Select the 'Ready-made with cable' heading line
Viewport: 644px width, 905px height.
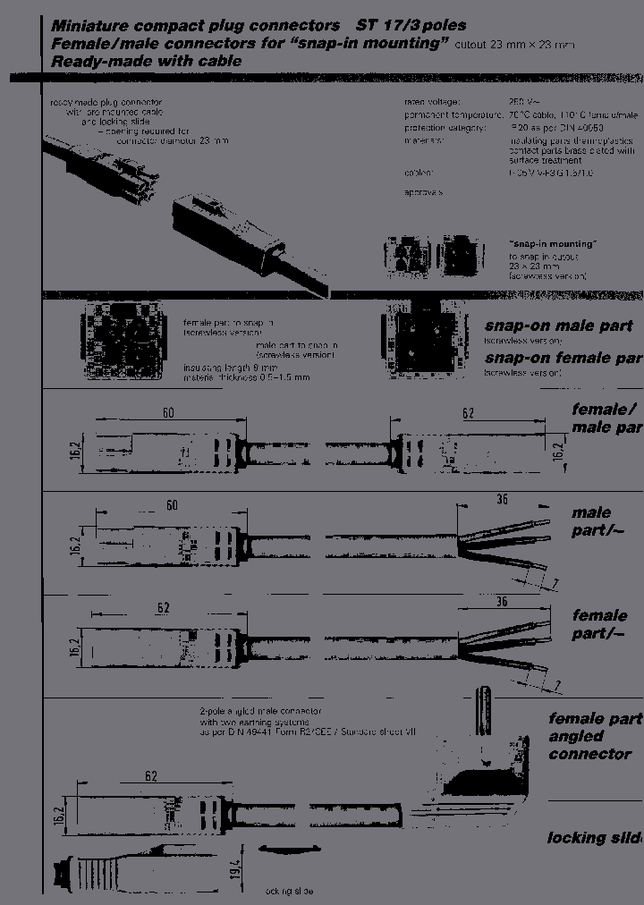coord(146,62)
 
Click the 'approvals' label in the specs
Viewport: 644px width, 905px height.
coord(423,192)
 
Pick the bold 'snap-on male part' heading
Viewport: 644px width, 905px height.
coord(558,326)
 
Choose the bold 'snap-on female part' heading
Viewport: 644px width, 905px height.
coord(563,359)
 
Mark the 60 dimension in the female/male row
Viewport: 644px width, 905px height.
coord(167,414)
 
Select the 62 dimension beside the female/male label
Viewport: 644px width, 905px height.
coord(467,414)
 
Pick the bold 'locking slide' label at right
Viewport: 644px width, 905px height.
coord(594,838)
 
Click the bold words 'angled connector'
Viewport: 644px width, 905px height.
coord(589,745)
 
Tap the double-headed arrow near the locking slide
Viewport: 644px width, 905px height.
coord(288,847)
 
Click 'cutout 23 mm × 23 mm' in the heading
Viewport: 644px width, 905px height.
coord(515,45)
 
